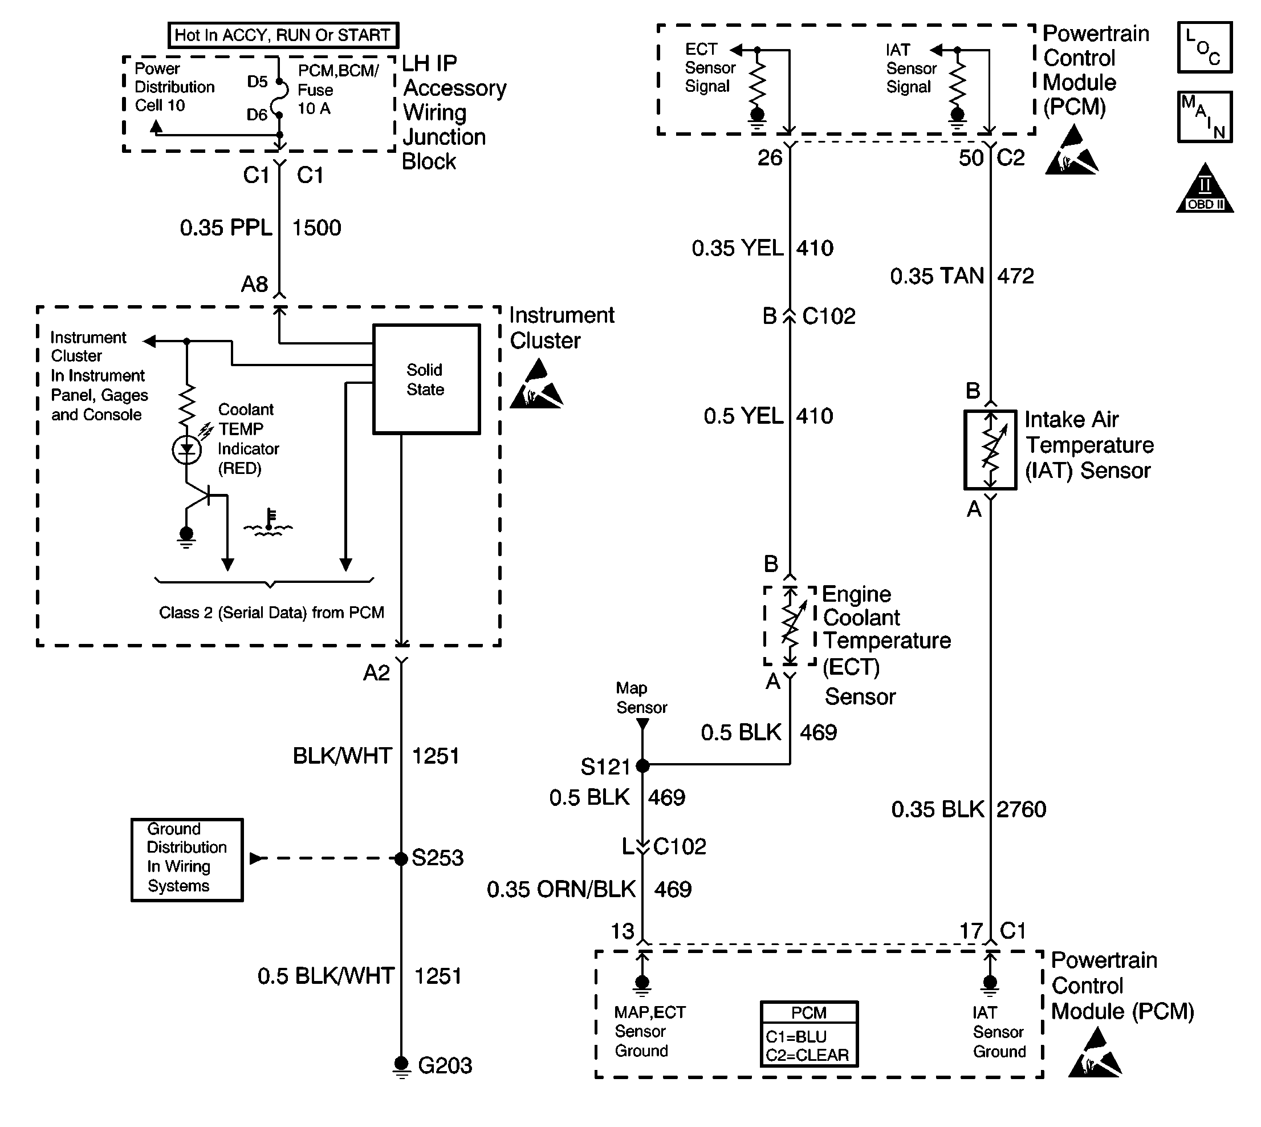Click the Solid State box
pos(426,379)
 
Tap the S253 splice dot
pos(401,858)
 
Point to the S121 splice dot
pos(642,766)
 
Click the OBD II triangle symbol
pos(1205,189)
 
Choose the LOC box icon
pos(1205,48)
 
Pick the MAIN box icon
pos(1205,117)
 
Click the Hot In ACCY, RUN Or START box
pos(283,35)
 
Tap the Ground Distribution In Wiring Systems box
pos(187,860)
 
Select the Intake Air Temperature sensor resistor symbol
pos(990,450)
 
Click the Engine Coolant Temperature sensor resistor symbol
pos(790,626)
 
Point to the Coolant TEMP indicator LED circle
pos(186,449)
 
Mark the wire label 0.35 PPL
pos(226,228)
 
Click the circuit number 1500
pos(316,228)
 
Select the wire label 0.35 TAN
pos(937,276)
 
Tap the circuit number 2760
pos(1021,809)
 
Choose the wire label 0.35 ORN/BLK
pos(561,889)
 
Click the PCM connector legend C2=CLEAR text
pos(807,1055)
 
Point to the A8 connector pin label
pos(254,284)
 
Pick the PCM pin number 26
pos(770,158)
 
